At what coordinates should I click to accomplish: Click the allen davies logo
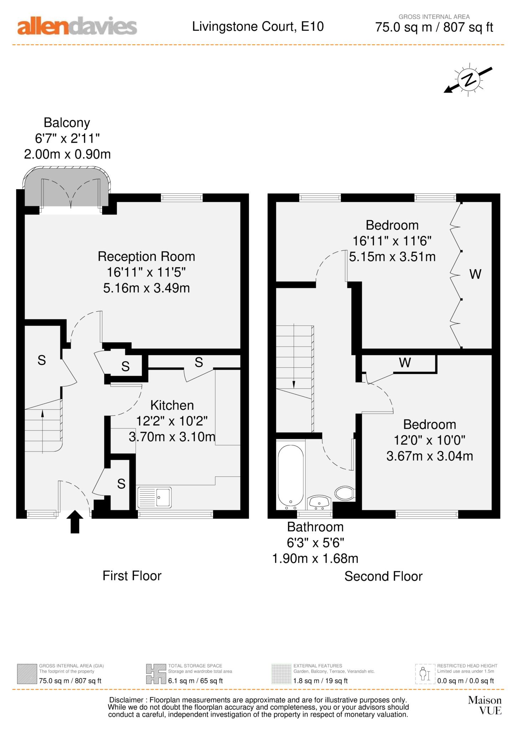tap(77, 26)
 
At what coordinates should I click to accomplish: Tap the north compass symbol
tap(468, 79)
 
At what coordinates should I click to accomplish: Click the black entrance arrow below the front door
tap(75, 521)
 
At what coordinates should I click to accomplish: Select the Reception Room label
tap(146, 257)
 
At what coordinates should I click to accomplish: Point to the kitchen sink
tap(155, 497)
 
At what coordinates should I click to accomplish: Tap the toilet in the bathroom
tap(344, 493)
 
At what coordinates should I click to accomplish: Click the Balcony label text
tap(67, 123)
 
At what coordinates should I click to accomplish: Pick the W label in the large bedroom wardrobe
tap(475, 274)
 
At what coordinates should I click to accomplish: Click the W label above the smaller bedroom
tap(405, 363)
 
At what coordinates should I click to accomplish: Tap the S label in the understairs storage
tap(42, 360)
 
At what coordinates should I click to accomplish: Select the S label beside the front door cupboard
tap(121, 484)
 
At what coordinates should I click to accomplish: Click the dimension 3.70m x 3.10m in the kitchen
tap(172, 437)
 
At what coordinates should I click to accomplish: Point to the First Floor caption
tap(132, 576)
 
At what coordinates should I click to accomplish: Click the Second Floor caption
tap(383, 576)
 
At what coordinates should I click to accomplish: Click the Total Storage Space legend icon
tap(156, 674)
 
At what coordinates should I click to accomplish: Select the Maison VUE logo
tap(485, 705)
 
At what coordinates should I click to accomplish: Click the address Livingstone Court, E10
tap(258, 26)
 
